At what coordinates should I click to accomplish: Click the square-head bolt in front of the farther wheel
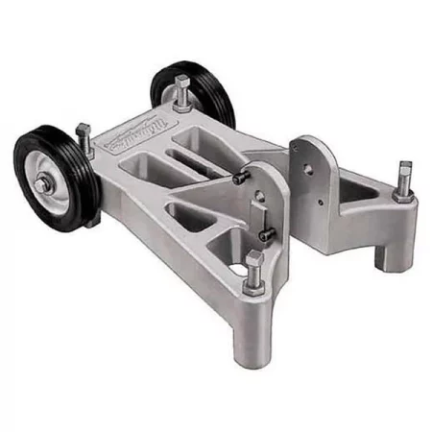point(181,91)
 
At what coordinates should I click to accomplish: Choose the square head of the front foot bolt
point(253,259)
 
